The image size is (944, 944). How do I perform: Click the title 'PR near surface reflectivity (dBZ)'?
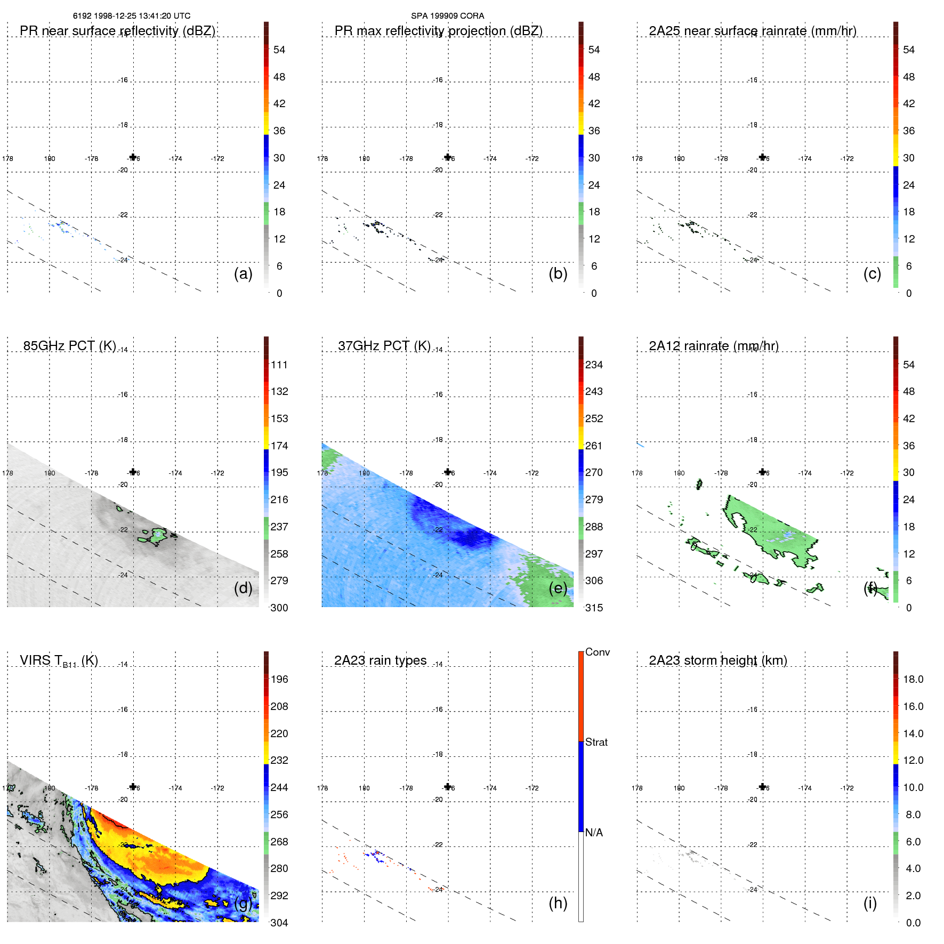pos(117,31)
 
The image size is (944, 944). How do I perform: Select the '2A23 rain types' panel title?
pos(380,660)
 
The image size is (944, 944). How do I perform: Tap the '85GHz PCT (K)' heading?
pos(69,346)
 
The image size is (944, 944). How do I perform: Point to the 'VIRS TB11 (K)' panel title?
pos(59,661)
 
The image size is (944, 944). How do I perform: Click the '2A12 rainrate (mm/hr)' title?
pos(714,346)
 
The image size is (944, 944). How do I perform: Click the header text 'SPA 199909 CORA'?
pos(447,16)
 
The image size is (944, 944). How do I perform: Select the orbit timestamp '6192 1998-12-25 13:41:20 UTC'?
pos(132,16)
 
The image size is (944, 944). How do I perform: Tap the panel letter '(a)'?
pos(243,274)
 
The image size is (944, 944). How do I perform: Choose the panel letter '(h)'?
pos(558,903)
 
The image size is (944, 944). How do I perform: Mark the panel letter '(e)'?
pos(558,588)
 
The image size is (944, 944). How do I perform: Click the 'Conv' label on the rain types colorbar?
pos(597,652)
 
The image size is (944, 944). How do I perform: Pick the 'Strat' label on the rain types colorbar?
pos(596,742)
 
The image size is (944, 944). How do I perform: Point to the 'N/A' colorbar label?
pos(594,833)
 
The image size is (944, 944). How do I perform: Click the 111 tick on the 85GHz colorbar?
pos(279,365)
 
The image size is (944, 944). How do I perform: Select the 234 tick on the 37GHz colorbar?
pos(594,365)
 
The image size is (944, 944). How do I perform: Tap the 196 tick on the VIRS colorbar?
pos(279,680)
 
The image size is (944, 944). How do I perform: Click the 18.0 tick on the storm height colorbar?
pos(913,680)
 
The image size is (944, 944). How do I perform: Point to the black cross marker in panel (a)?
pos(133,157)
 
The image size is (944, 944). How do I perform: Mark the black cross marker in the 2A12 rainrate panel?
pos(763,472)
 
